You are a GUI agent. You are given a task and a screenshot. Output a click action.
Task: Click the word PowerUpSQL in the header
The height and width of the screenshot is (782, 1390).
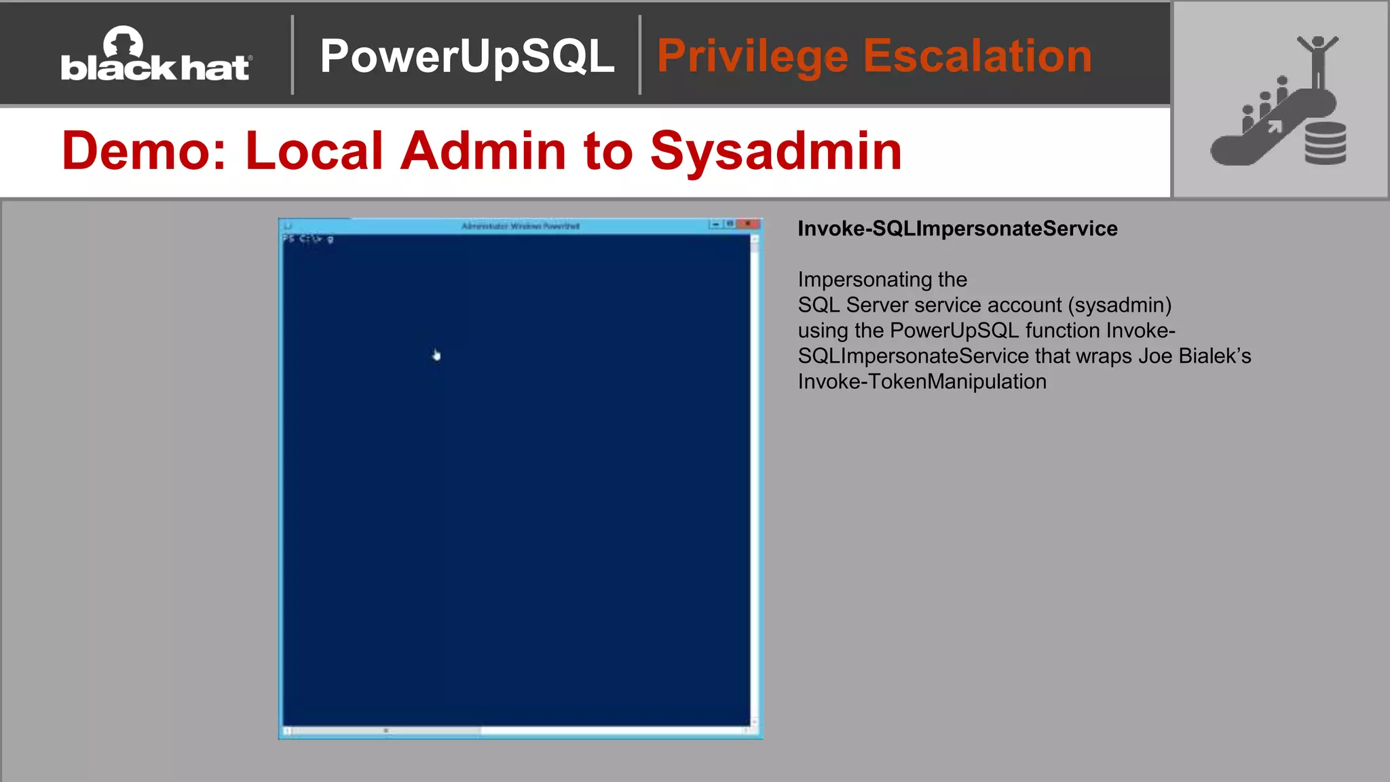[x=467, y=56]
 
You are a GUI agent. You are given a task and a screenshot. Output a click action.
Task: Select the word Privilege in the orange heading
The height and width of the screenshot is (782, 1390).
[x=753, y=56]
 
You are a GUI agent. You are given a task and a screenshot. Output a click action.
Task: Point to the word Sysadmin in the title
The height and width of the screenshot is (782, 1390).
[x=776, y=151]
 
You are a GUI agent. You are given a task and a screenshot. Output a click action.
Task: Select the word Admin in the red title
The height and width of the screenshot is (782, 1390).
[x=483, y=151]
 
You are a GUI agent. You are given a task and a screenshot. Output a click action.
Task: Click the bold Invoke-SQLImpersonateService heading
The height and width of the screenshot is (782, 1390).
[x=957, y=229]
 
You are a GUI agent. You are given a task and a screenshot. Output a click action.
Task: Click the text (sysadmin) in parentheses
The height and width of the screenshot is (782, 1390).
[x=1119, y=305]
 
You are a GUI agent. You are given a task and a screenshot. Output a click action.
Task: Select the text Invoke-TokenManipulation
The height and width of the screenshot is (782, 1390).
[x=922, y=381]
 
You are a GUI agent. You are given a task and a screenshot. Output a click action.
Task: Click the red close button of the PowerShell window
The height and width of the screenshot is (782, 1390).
[x=749, y=224]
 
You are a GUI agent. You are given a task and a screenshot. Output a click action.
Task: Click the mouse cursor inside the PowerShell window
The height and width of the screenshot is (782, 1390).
[x=436, y=355]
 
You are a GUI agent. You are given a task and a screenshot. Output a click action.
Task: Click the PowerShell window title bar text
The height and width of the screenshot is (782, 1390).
[x=520, y=225]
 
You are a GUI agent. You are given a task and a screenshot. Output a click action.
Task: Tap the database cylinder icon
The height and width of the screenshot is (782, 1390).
[x=1325, y=143]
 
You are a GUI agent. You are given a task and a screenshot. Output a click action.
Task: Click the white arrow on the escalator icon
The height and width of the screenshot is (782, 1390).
[x=1275, y=127]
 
